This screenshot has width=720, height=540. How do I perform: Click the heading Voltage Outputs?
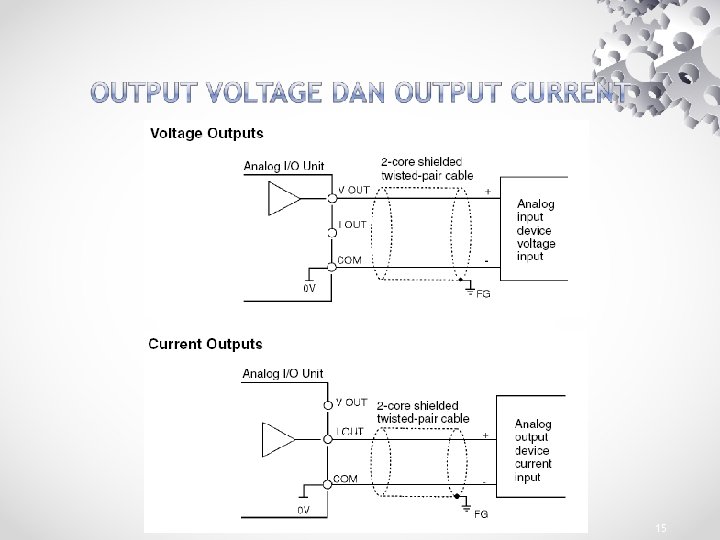point(206,132)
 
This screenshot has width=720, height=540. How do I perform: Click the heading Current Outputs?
point(205,344)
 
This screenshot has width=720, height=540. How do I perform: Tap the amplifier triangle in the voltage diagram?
point(283,200)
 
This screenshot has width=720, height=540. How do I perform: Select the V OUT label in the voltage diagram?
point(354,189)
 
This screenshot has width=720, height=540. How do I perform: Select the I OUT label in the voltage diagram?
point(353,225)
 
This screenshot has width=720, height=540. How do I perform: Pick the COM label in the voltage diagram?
point(350,259)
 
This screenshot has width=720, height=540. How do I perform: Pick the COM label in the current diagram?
point(346,479)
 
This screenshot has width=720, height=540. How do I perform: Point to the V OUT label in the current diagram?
point(351,402)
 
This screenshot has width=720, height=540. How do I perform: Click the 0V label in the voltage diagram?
point(310,289)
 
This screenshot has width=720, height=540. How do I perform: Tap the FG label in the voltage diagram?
point(483,294)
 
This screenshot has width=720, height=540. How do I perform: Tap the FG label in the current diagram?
point(481,514)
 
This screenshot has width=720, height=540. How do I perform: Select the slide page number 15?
point(660,527)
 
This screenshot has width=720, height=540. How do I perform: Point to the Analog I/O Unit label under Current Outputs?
point(282,374)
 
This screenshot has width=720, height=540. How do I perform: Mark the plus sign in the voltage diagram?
point(487,190)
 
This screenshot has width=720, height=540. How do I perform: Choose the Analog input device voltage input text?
point(536,230)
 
